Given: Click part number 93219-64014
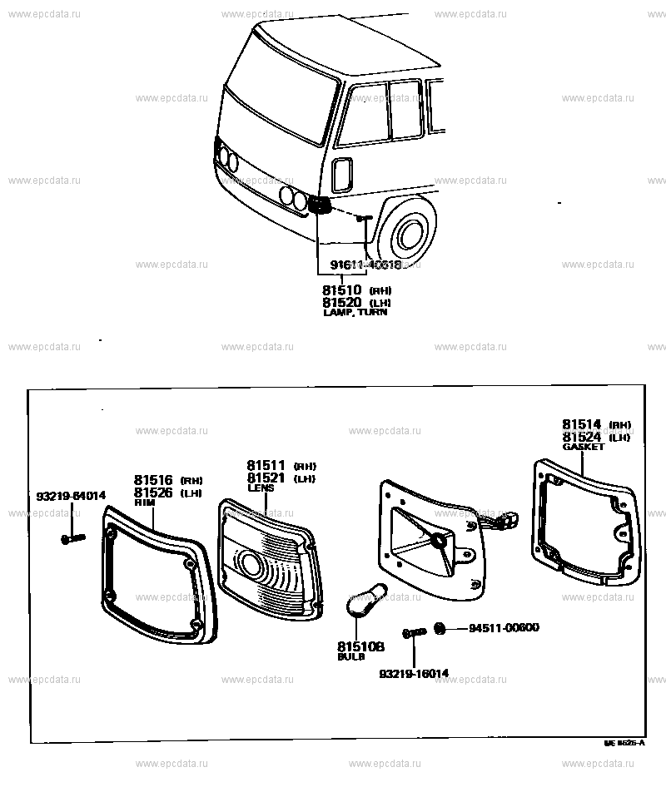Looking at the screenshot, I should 71,497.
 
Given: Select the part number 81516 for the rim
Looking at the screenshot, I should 153,480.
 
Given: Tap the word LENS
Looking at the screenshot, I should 260,488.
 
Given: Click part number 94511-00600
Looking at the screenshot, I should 504,627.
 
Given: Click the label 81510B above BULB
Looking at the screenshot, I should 361,646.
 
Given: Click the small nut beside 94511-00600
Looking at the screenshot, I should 440,628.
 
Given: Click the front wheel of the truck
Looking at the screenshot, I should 407,235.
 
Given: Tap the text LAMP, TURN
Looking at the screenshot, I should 355,313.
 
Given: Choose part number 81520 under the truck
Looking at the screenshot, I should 341,302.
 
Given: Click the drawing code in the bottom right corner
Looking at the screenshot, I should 624,742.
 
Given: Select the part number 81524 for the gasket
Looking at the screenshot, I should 581,437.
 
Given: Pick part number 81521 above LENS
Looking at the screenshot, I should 266,478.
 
